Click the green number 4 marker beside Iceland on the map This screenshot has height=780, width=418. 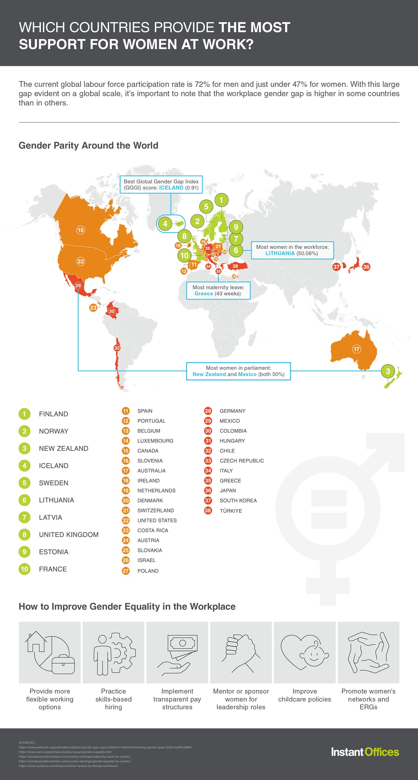165,224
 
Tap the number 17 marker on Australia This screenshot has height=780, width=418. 356,349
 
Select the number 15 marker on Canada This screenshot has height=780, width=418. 81,230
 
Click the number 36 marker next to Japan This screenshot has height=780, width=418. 366,267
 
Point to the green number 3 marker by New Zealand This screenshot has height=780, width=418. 388,371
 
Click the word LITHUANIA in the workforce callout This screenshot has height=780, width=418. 280,253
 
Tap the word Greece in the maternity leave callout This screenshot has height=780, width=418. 204,294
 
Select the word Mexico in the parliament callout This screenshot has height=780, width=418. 247,374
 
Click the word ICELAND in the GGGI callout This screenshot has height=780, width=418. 171,188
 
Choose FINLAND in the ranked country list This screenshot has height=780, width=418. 54,414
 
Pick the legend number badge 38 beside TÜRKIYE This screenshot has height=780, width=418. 208,511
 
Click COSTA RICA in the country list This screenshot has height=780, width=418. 152,530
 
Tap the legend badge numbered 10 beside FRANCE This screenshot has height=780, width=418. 24,569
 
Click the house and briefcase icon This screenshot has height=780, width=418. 50,652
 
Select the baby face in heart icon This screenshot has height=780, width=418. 305,652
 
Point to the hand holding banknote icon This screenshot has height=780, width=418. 177,652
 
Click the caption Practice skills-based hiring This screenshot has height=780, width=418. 113,699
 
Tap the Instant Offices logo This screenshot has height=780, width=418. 365,752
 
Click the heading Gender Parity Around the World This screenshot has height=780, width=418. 88,146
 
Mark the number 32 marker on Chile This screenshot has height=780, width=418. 117,348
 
